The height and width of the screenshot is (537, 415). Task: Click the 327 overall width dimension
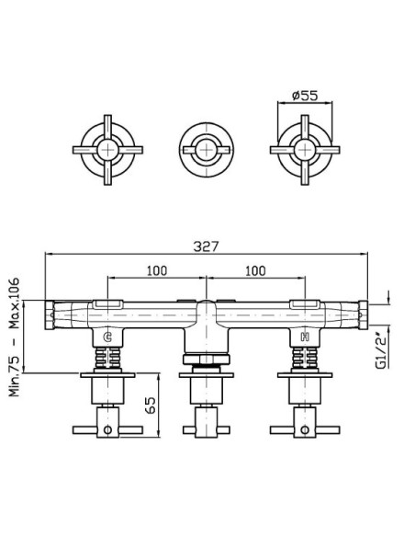[206, 246]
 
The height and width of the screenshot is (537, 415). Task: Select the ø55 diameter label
[305, 96]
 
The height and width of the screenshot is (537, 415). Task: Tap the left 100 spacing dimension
[157, 271]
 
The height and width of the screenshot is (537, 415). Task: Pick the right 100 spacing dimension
[255, 271]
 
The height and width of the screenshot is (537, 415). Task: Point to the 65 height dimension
[151, 406]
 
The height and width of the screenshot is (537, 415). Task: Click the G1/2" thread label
[381, 348]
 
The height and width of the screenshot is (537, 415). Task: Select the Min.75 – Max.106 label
[15, 337]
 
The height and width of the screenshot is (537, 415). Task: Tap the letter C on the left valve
[107, 337]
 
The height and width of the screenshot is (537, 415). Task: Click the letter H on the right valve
[305, 337]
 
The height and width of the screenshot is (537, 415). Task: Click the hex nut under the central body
[207, 360]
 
